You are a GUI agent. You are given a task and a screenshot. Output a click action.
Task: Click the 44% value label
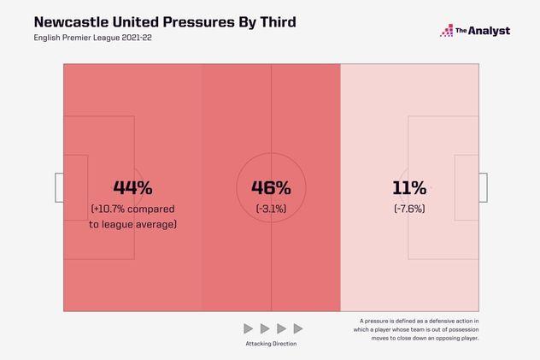click(x=132, y=187)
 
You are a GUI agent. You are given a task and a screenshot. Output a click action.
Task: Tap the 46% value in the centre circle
click(x=271, y=187)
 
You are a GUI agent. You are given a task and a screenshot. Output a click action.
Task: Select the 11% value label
click(x=409, y=187)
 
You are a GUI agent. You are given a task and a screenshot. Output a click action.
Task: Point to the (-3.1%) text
click(x=271, y=209)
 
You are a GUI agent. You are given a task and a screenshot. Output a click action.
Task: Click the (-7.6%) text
click(x=409, y=209)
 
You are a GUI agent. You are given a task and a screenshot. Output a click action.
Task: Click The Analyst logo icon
click(x=447, y=31)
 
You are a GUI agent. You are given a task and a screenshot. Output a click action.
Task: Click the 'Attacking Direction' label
click(x=273, y=344)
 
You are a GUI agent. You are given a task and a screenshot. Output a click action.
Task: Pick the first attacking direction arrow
click(x=249, y=328)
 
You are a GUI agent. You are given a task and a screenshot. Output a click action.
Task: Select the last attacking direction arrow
click(x=297, y=328)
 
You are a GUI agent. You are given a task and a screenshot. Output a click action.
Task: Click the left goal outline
click(x=59, y=187)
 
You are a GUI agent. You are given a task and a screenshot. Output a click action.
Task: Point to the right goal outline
click(x=483, y=187)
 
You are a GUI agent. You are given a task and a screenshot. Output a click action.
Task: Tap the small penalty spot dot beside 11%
click(x=431, y=187)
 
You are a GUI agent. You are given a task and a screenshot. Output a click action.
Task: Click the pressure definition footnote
click(x=420, y=329)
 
